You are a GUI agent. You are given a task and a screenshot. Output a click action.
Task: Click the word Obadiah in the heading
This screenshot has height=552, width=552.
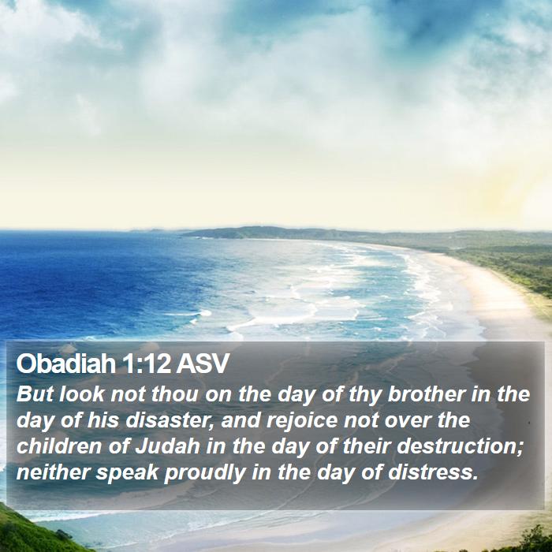click(x=65, y=364)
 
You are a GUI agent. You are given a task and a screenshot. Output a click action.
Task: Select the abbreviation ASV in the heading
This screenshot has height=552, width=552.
click(x=203, y=364)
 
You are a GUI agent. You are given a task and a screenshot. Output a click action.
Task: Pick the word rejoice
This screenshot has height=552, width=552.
click(x=302, y=420)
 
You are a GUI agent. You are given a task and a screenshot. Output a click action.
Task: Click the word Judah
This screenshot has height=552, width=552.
click(x=168, y=446)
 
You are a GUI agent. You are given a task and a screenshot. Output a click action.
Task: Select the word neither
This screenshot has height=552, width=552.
click(x=53, y=472)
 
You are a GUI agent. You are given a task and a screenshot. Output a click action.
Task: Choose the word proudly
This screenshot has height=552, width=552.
click(x=204, y=473)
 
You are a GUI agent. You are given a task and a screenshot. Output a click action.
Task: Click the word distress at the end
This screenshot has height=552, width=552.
click(x=433, y=472)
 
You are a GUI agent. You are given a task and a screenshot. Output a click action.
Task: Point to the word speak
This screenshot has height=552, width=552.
click(x=127, y=473)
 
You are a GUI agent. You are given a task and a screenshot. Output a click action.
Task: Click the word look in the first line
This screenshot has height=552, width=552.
click(x=82, y=393)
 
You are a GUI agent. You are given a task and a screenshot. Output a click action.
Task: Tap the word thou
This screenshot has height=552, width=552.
click(x=174, y=393)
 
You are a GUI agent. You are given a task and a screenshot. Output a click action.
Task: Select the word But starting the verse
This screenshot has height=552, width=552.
click(x=35, y=393)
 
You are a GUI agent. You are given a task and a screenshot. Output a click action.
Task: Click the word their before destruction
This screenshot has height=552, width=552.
click(x=367, y=446)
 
